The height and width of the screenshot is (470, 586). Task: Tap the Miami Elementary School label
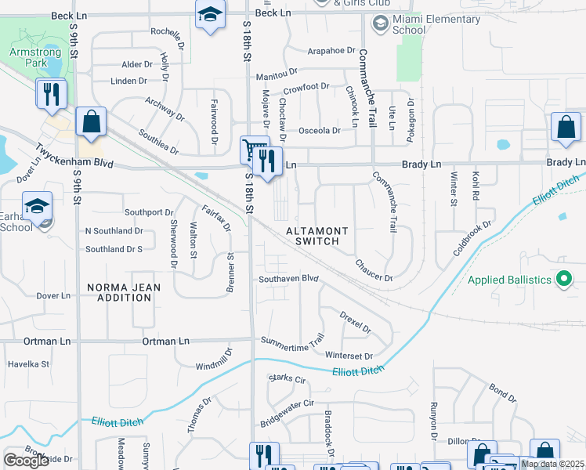coord(425,24)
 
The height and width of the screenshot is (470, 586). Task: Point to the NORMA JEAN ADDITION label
coord(123,293)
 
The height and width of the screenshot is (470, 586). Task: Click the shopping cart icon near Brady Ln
coord(254,149)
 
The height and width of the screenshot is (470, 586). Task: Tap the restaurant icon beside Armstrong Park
coord(52,95)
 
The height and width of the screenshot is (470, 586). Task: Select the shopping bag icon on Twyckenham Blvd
coord(91,123)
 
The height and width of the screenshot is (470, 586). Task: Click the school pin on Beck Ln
coord(210,16)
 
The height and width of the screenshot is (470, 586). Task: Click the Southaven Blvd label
coord(289,279)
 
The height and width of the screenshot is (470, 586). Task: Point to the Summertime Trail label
coord(292,341)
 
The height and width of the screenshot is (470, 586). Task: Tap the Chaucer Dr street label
coord(374,270)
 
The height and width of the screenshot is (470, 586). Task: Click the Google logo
coord(26,461)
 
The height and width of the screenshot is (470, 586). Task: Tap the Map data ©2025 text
coord(553,464)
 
